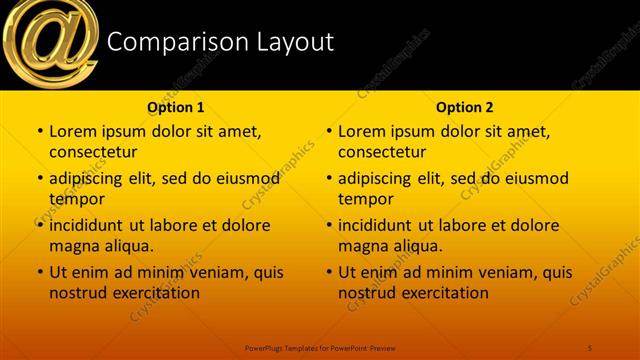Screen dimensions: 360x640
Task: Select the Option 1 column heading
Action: pos(176,107)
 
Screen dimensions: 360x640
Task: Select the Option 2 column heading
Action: pos(465,107)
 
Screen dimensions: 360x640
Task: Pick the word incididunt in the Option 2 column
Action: pos(379,225)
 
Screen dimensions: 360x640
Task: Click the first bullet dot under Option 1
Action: pos(39,132)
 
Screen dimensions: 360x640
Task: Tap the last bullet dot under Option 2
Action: pos(328,272)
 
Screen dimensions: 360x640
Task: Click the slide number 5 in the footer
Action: pos(590,346)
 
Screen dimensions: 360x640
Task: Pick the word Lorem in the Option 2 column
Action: pos(361,131)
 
